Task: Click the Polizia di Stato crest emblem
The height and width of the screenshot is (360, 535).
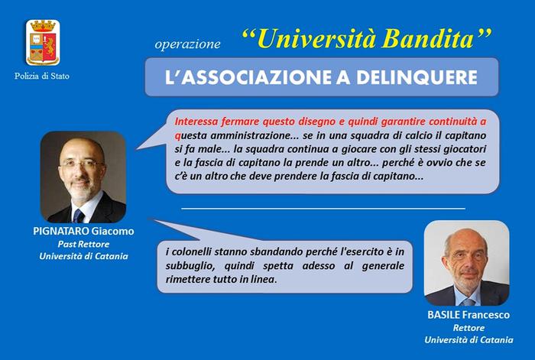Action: click(43, 42)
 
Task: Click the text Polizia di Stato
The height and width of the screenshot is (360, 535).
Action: click(41, 76)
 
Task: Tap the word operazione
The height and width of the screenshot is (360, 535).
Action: click(187, 44)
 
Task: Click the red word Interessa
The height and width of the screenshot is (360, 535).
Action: click(196, 122)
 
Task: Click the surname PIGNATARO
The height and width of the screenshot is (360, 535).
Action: click(61, 232)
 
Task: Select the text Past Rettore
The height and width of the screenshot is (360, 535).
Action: click(83, 245)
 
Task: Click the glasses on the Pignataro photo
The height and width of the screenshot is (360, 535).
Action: click(82, 164)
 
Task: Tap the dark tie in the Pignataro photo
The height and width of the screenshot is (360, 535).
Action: click(79, 216)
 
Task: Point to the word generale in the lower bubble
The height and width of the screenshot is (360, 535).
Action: click(383, 265)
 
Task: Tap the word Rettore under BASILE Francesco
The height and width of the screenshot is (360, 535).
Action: click(469, 328)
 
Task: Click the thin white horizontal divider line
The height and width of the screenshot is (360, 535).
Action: click(323, 208)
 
